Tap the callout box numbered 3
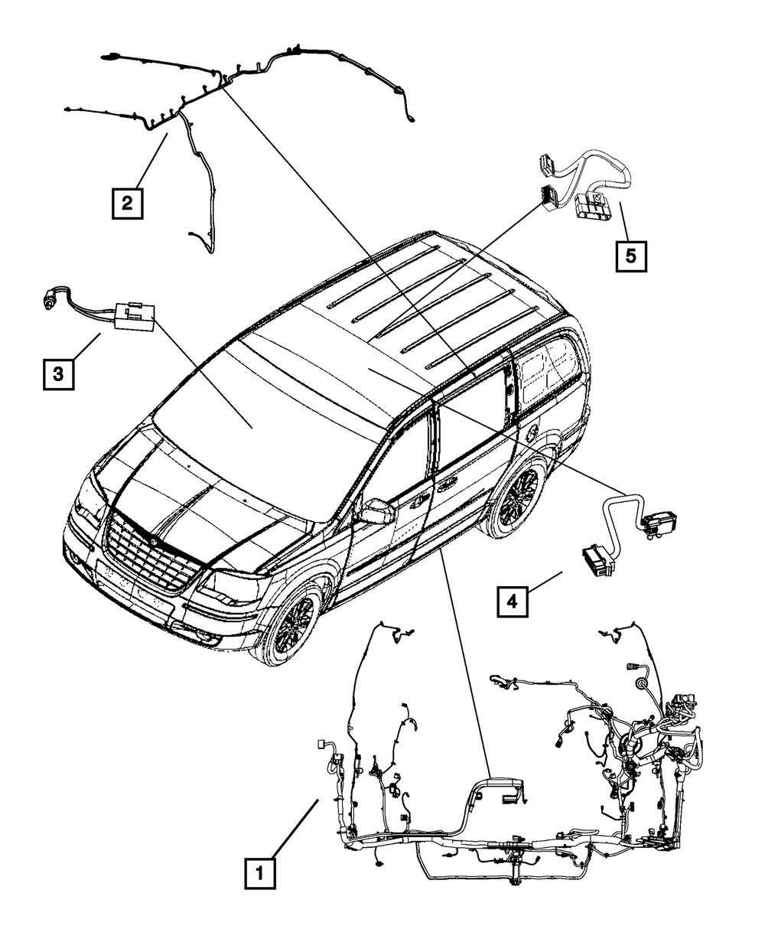pos(58,374)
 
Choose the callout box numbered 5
pos(630,256)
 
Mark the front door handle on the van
pos(419,501)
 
